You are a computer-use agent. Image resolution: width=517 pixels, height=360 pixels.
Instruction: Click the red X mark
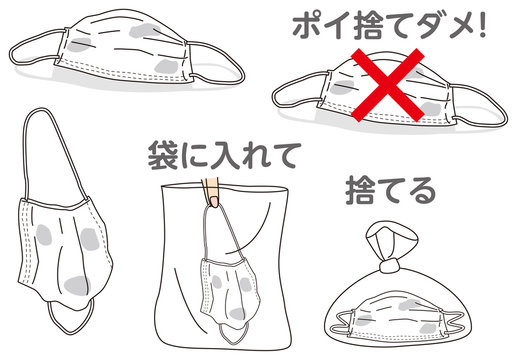[388, 85]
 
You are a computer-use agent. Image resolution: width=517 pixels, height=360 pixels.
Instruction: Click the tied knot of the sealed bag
[389, 266]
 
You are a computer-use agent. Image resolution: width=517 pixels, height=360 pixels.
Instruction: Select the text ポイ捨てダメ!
[389, 26]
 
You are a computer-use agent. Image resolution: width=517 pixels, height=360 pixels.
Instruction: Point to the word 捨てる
[390, 191]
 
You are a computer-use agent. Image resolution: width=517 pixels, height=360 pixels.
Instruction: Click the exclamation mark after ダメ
[482, 26]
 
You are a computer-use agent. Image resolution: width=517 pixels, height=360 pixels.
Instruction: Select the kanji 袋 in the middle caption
[162, 155]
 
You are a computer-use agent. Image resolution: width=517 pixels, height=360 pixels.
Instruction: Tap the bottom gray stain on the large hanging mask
[77, 285]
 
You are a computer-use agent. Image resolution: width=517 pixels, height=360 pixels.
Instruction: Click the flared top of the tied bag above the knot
[391, 238]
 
